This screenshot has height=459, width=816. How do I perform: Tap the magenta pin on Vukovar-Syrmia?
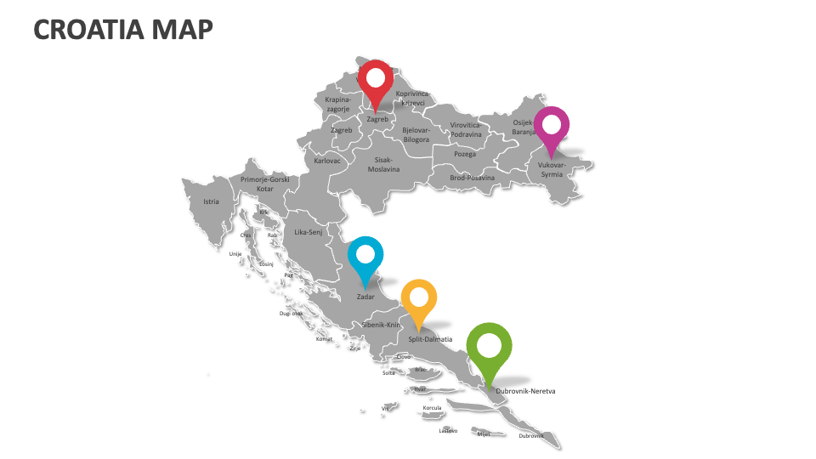pos(552,127)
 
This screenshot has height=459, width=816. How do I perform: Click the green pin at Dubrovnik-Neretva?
pos(490,348)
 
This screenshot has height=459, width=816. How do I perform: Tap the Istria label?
pos(211,202)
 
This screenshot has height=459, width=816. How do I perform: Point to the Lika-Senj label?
pos(309,232)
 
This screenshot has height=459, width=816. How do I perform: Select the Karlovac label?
pos(327,161)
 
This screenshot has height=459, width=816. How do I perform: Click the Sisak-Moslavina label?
pos(383,164)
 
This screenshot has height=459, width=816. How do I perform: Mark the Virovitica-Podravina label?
pos(466,130)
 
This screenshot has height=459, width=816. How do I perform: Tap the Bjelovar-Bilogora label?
pos(416,135)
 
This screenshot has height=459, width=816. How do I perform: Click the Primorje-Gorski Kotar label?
pos(265,184)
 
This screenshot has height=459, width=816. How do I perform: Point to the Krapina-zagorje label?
pos(337,105)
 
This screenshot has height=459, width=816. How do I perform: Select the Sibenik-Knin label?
pos(381,326)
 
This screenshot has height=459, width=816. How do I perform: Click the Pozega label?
pos(465,155)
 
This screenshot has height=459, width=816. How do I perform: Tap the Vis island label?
pos(384,408)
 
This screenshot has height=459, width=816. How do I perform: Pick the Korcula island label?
pos(432,408)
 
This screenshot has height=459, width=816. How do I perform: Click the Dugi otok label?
pos(291,313)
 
